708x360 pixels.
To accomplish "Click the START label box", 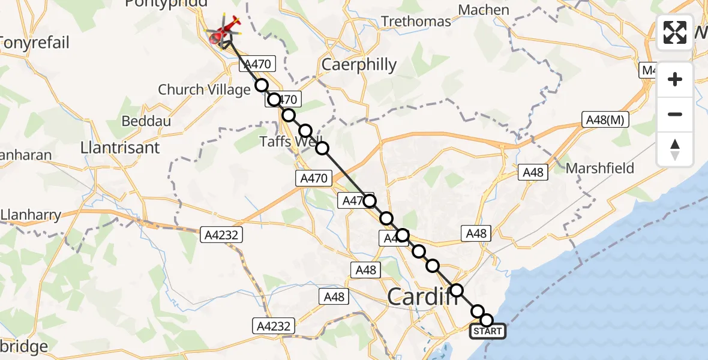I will (x=488, y=331).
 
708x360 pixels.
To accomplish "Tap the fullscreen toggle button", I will (x=675, y=32).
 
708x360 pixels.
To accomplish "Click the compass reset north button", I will (x=675, y=149).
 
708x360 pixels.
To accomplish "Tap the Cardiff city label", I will (x=419, y=296).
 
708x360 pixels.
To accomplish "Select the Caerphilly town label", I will (x=359, y=64).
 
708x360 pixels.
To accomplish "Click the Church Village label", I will (x=204, y=90).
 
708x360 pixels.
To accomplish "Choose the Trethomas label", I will (x=416, y=22).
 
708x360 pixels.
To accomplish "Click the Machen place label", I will (x=484, y=10).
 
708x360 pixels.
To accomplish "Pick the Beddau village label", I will (x=146, y=121).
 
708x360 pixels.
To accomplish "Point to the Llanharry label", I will (x=30, y=214).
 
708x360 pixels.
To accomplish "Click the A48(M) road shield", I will (x=605, y=120).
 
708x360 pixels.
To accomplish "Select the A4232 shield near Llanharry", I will (x=221, y=235).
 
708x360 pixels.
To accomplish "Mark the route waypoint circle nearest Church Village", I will (x=262, y=85).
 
